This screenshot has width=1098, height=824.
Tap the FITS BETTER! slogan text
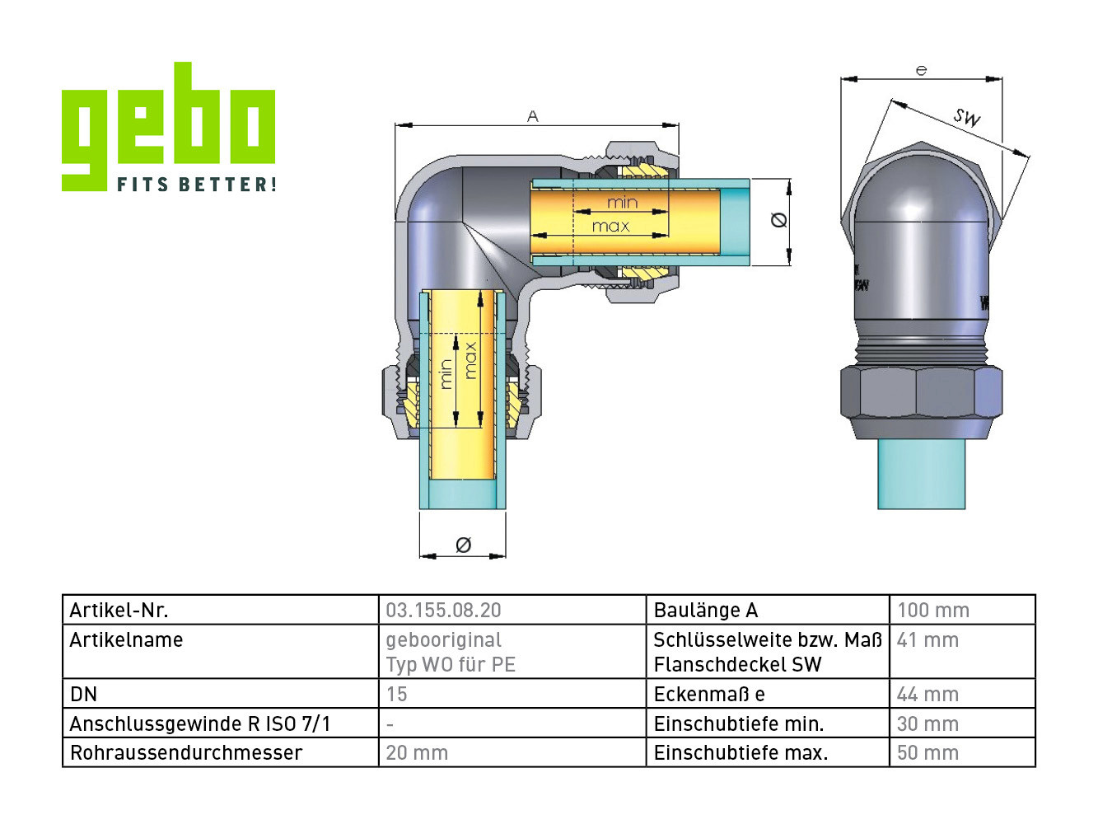[196, 185]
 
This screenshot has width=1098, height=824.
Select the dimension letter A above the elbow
[533, 116]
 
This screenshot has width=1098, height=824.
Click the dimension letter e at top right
[921, 71]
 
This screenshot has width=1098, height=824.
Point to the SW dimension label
[967, 117]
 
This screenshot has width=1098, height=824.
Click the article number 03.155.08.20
[443, 611]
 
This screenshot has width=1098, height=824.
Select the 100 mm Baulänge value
[932, 611]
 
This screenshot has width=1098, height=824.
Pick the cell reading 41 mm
[927, 640]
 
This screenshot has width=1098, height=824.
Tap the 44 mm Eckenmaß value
[927, 695]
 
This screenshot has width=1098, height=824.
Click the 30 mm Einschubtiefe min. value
[927, 724]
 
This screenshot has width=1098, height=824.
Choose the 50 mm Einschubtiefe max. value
[927, 753]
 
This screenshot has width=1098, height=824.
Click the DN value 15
[396, 695]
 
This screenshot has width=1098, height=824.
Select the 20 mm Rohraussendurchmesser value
[417, 753]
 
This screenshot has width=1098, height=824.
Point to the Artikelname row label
[126, 640]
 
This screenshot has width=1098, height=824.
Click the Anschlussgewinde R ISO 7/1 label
[200, 724]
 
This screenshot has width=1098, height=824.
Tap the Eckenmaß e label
[708, 695]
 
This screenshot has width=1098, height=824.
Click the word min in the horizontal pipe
[623, 202]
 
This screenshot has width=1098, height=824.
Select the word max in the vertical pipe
[470, 360]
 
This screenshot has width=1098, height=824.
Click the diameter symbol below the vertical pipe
[463, 545]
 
